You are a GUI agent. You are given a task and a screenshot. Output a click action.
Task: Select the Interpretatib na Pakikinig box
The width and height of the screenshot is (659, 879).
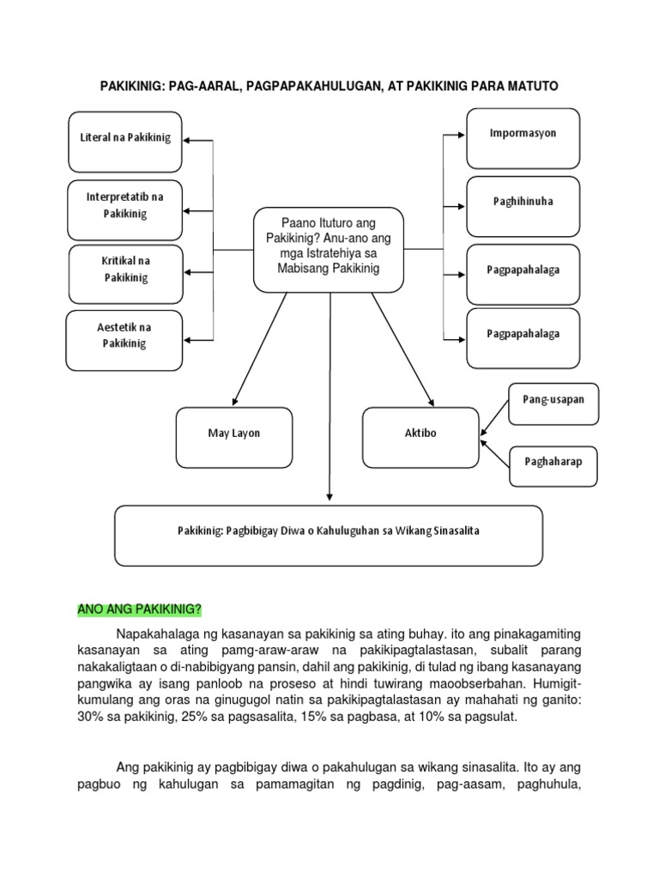pos(125,205)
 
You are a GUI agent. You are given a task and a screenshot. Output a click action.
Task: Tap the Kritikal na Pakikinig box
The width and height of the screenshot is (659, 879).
pos(125,269)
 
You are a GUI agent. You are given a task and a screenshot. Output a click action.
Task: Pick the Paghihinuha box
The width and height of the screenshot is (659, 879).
pos(523,203)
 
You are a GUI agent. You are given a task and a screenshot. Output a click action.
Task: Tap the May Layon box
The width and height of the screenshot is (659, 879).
pos(233,433)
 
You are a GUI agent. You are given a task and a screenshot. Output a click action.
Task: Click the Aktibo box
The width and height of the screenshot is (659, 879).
pos(420,433)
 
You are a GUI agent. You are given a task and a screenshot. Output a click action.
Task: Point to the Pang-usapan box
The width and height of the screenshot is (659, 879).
pos(553,401)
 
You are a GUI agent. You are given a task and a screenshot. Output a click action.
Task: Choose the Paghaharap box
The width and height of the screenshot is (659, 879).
pos(553,463)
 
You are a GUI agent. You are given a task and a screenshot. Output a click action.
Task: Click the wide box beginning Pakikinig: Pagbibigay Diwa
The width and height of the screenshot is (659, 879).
pos(328,531)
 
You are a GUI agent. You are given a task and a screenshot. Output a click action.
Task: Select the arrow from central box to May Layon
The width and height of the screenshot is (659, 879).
pos(259,348)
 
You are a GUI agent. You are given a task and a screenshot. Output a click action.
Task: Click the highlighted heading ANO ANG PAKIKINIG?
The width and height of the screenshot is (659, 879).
pos(139,610)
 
